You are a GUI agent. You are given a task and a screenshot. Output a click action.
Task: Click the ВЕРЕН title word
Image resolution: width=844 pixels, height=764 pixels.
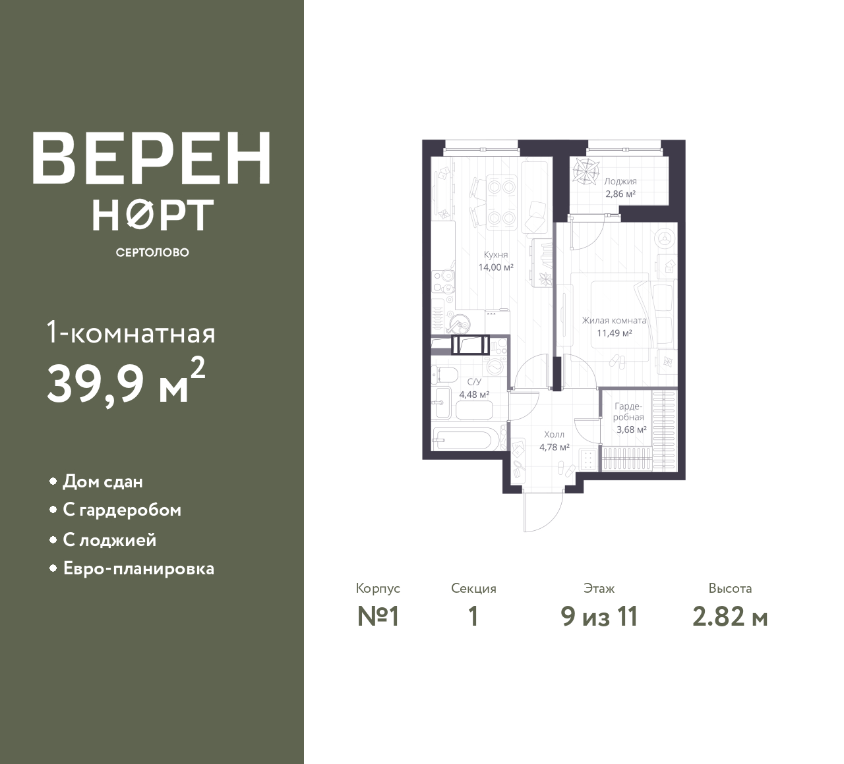(152, 158)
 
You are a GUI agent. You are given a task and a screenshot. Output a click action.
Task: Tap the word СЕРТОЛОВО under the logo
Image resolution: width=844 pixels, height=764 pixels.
(152, 252)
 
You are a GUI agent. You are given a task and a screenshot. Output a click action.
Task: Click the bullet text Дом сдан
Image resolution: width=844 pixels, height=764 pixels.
(103, 481)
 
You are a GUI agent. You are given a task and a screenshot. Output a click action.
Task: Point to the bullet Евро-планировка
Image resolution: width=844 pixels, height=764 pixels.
(139, 569)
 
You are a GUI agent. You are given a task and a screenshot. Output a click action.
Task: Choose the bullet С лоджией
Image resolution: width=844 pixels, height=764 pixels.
(110, 540)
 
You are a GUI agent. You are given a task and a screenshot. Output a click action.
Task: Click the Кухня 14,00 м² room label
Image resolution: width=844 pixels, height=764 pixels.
(496, 261)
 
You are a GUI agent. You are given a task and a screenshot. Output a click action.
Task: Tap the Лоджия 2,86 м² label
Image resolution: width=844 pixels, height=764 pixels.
(620, 188)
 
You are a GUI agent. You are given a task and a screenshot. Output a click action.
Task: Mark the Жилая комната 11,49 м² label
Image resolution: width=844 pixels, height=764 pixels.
(615, 327)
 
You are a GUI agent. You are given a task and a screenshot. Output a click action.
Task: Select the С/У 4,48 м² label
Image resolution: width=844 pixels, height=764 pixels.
(474, 388)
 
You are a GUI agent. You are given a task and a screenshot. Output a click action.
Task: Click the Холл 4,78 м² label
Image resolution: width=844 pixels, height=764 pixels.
(554, 441)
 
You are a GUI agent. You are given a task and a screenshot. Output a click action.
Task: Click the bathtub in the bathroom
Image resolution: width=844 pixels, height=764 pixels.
(462, 439)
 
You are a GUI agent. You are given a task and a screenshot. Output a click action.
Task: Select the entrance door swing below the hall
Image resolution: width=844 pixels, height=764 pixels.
(543, 511)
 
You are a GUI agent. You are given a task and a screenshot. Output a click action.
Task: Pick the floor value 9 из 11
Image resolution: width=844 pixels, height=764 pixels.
(599, 617)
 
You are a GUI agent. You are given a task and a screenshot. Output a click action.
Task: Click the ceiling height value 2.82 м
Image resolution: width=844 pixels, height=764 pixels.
(730, 617)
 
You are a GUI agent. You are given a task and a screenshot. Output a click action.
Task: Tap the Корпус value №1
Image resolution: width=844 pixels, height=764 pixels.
(378, 617)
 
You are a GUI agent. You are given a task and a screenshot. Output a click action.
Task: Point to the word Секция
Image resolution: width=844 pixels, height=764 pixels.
(473, 589)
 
